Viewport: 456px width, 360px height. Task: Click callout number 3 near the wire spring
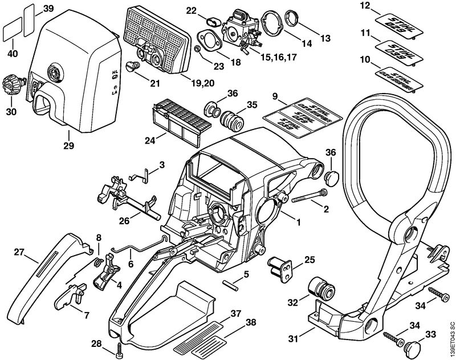162,165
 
